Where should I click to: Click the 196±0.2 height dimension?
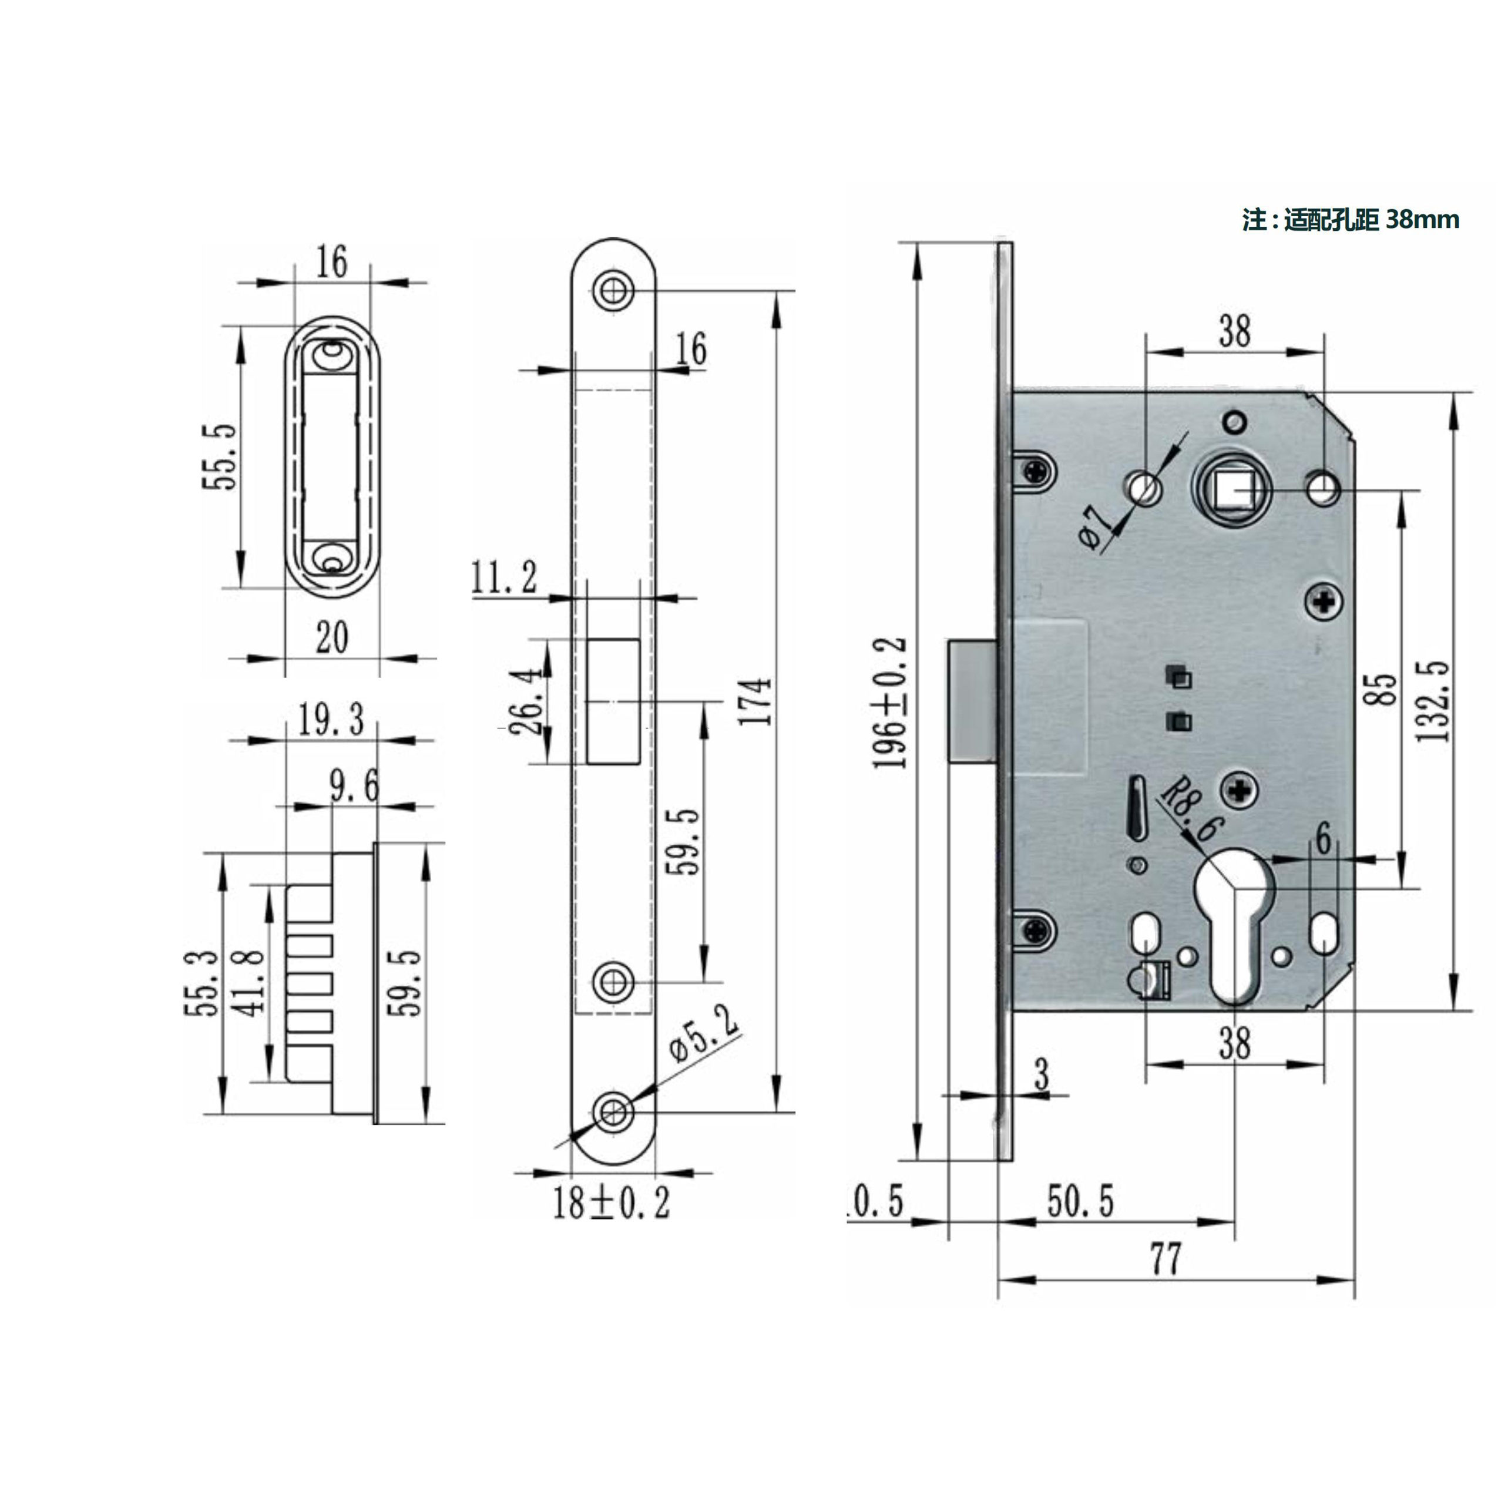(x=890, y=703)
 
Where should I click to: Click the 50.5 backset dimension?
(x=1080, y=1201)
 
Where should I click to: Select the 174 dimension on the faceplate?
(x=754, y=701)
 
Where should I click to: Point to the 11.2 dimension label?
(x=504, y=577)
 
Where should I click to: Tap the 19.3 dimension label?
(x=331, y=719)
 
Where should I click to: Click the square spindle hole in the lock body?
(x=1233, y=490)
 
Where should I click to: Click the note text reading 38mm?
(x=1422, y=220)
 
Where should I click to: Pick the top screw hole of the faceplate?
(x=613, y=291)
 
